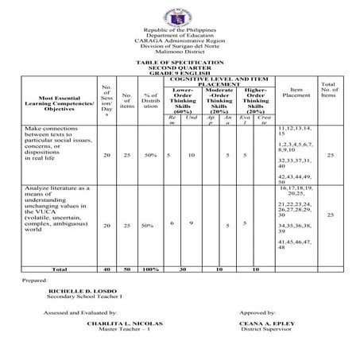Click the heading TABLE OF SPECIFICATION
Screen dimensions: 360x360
pos(180,61)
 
